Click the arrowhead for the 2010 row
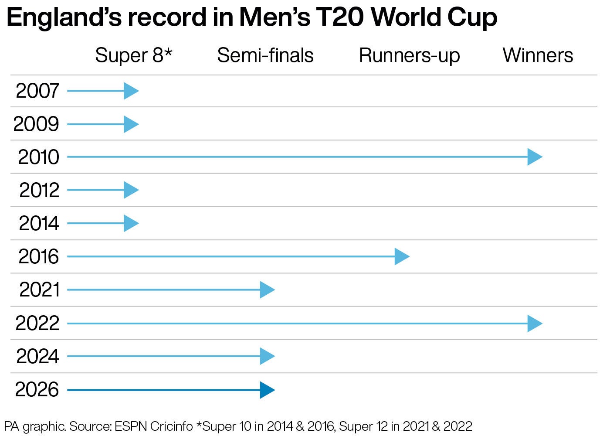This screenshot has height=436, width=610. point(534,157)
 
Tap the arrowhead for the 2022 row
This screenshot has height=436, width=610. point(534,324)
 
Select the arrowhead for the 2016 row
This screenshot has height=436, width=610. point(401,256)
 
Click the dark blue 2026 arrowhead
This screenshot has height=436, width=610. point(267,390)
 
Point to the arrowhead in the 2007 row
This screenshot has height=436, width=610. point(131,91)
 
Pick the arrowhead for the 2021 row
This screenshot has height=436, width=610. point(267,290)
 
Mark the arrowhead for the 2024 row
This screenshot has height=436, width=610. point(267,356)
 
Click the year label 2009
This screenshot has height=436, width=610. point(36,124)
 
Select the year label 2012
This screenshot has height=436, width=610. point(39,191)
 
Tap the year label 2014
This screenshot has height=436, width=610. point(39,224)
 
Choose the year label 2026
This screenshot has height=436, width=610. point(37,390)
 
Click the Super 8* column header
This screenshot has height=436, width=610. point(134,55)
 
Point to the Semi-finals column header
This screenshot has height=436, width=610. point(265,55)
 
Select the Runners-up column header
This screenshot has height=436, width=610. point(409,56)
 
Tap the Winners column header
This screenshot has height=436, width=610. point(538,55)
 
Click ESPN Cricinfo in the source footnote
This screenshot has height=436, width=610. point(153,426)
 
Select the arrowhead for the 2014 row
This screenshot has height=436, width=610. point(131,224)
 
